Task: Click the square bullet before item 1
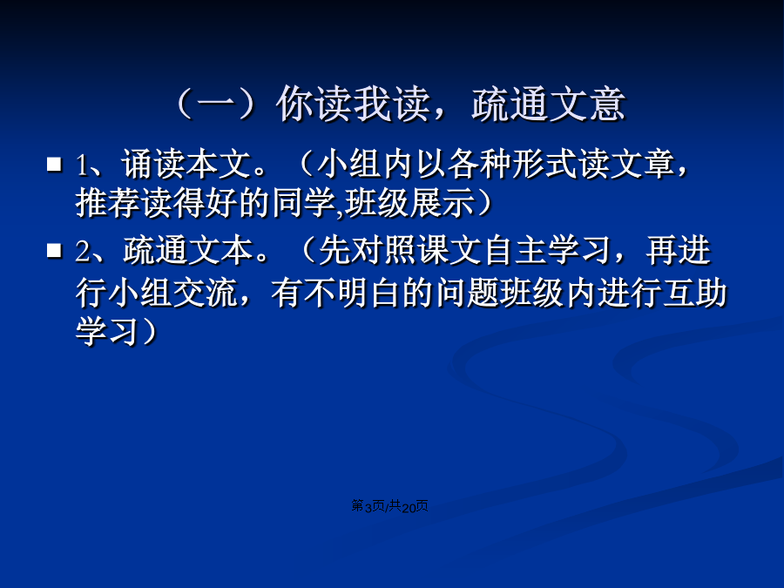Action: tap(54, 165)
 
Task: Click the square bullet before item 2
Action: tap(54, 250)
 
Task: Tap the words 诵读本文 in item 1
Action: tap(186, 164)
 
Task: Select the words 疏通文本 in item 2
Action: tap(187, 251)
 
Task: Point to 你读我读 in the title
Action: tap(353, 104)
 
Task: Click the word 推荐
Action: tap(107, 204)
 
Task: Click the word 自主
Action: tap(515, 251)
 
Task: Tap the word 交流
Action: tap(205, 293)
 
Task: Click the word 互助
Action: tap(694, 293)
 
